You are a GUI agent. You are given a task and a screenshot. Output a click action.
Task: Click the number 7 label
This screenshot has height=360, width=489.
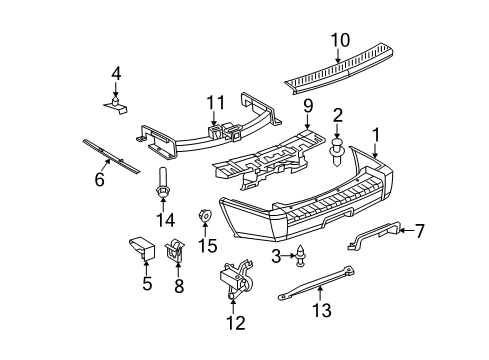pos(419,231)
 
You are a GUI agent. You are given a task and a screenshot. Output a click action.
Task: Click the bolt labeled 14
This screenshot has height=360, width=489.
pos(160,188)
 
